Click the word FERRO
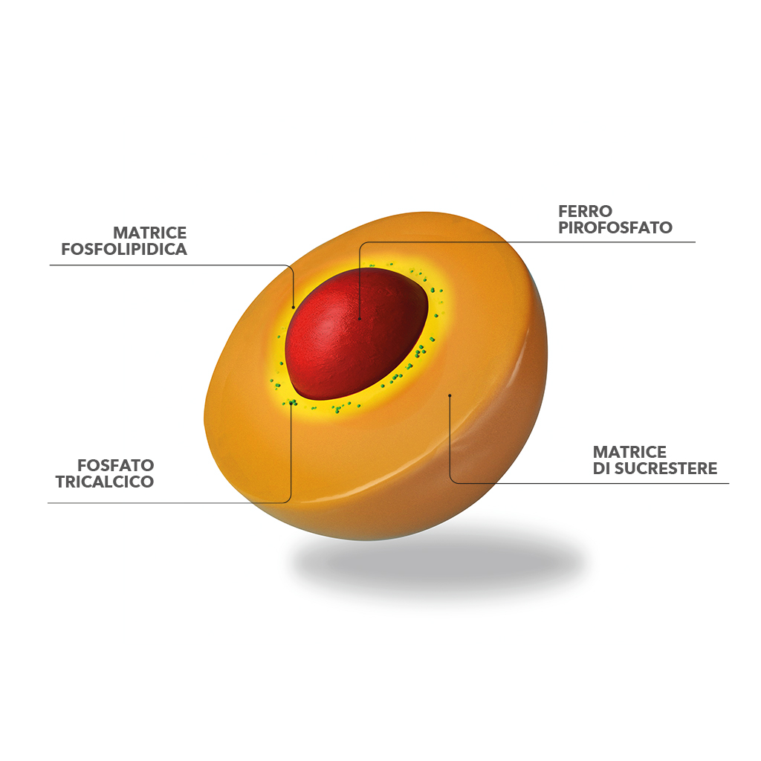(585, 211)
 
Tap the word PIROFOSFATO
(615, 227)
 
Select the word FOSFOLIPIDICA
(124, 249)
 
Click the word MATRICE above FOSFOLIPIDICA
(149, 233)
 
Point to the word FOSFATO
(115, 465)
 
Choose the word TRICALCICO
(104, 482)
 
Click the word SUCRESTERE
(666, 468)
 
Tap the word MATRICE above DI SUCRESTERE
(629, 453)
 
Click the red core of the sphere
(357, 332)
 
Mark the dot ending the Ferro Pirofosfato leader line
(360, 319)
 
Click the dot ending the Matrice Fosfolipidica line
(293, 308)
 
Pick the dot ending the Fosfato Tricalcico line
(291, 403)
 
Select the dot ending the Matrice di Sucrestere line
(450, 395)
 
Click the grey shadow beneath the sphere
(437, 563)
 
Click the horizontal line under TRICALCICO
(165, 503)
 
